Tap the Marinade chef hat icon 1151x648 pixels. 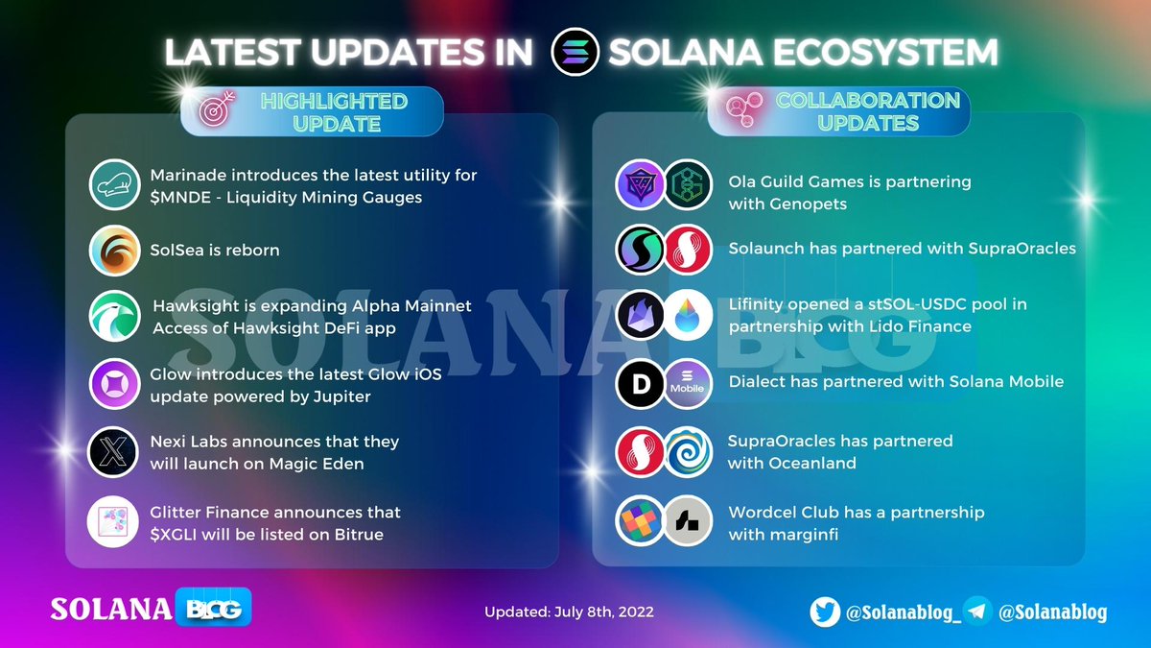(114, 184)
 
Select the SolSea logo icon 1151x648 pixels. (114, 251)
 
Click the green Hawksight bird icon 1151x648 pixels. (114, 317)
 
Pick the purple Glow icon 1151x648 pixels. (114, 384)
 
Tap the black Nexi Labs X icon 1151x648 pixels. (114, 452)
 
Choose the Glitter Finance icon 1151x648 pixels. (114, 523)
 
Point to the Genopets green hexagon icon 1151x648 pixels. (688, 184)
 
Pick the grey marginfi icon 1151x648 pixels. (688, 521)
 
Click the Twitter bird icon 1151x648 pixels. (825, 612)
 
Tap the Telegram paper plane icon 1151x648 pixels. (977, 612)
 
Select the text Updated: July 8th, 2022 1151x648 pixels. (569, 612)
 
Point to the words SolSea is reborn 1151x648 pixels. (215, 250)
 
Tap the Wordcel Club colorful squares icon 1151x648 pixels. (640, 521)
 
